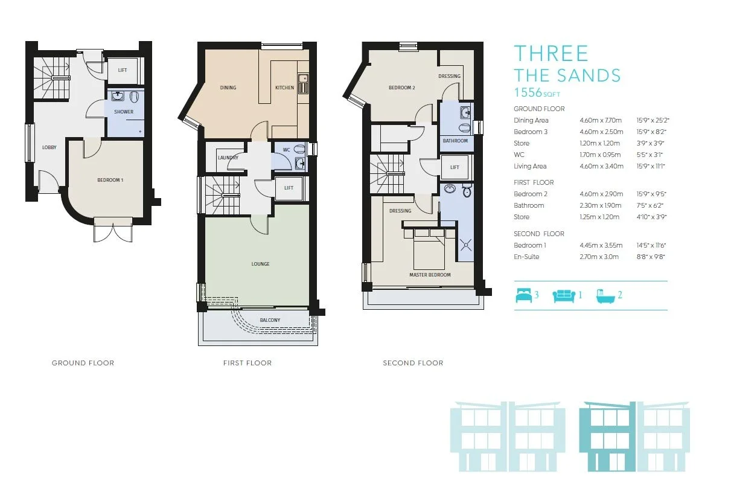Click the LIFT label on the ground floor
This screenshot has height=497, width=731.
pyautogui.click(x=123, y=70)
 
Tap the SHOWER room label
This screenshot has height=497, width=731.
pyautogui.click(x=124, y=112)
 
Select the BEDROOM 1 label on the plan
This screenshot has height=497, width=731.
pyautogui.click(x=110, y=180)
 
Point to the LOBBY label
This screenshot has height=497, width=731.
pyautogui.click(x=49, y=147)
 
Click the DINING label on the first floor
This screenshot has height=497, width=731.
pyautogui.click(x=228, y=88)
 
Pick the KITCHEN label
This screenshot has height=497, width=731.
pyautogui.click(x=284, y=88)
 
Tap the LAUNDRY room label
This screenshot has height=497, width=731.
pyautogui.click(x=228, y=158)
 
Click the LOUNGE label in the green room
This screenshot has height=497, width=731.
pyautogui.click(x=260, y=264)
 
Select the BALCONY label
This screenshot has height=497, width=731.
pyautogui.click(x=270, y=320)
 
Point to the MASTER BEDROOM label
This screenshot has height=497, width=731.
pyautogui.click(x=430, y=275)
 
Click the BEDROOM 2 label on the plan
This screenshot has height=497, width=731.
pyautogui.click(x=402, y=88)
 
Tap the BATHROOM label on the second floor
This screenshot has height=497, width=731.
pyautogui.click(x=455, y=141)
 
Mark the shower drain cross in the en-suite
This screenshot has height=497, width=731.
pyautogui.click(x=466, y=245)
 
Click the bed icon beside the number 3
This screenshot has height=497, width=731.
pyautogui.click(x=523, y=295)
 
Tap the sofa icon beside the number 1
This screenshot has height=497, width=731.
pyautogui.click(x=564, y=296)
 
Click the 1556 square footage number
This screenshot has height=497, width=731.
pyautogui.click(x=528, y=92)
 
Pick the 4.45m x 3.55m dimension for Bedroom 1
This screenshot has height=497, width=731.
pyautogui.click(x=601, y=245)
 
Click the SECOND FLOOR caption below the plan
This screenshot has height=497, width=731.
pyautogui.click(x=413, y=363)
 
